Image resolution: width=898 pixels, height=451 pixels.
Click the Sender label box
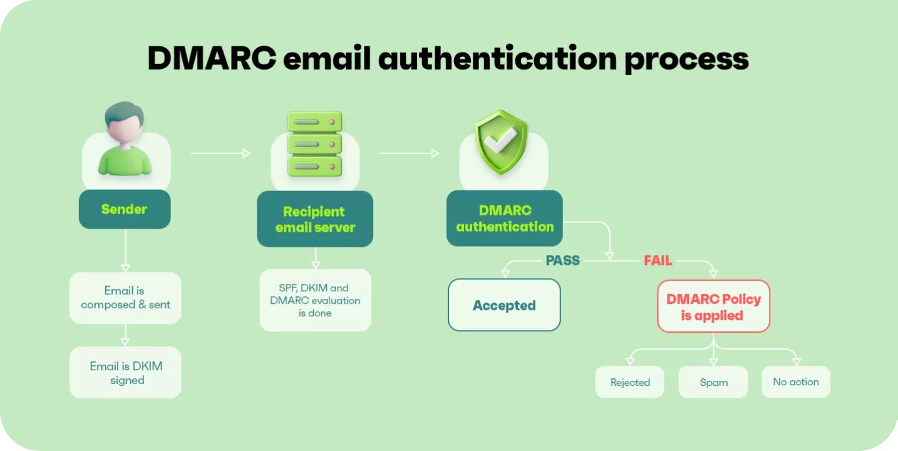click(125, 209)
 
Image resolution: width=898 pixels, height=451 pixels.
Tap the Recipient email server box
click(315, 219)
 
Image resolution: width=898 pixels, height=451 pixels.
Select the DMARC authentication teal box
click(505, 219)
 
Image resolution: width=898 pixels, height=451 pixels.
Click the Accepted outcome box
click(504, 305)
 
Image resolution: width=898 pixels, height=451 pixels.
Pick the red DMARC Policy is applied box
click(713, 306)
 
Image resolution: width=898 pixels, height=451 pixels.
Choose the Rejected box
click(630, 382)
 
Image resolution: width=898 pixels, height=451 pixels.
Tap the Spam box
click(713, 382)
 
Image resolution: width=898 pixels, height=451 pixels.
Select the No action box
click(795, 381)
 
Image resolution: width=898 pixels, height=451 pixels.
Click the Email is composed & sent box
click(125, 298)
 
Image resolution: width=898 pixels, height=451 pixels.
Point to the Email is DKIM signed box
click(125, 373)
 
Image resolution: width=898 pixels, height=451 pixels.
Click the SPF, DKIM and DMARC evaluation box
click(315, 300)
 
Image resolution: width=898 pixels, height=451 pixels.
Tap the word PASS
click(562, 261)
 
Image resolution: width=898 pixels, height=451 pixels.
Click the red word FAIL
click(658, 261)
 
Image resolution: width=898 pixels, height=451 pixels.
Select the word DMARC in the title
click(212, 59)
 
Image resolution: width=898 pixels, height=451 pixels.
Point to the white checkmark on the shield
click(499, 142)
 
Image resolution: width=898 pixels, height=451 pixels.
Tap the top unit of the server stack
click(314, 122)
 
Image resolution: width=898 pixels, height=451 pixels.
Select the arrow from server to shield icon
click(409, 153)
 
